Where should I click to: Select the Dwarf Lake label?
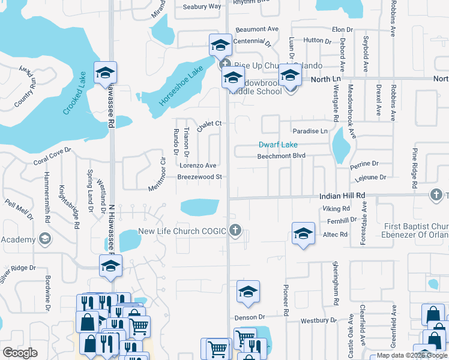click(278, 145)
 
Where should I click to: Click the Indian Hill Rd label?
click(342, 196)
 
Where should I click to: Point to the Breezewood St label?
click(200, 177)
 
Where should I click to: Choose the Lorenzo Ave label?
click(197, 165)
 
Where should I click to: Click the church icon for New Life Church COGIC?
click(235, 230)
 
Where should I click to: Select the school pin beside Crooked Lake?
click(106, 73)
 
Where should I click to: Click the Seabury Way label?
click(202, 7)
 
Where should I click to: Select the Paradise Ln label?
click(310, 131)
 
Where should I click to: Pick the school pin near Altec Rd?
click(303, 234)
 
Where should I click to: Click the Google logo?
click(20, 353)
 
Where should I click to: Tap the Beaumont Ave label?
click(257, 29)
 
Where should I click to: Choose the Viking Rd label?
click(336, 209)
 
